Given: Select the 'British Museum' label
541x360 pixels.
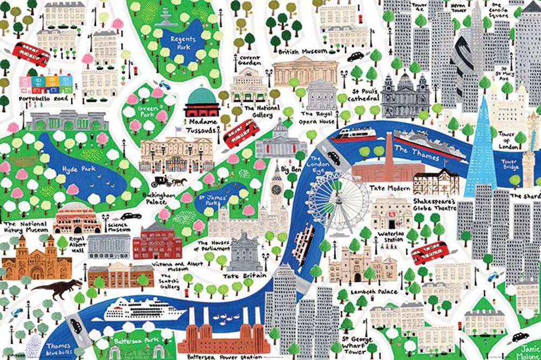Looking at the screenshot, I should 302,51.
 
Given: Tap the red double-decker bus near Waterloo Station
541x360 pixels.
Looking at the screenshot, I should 431,254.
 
